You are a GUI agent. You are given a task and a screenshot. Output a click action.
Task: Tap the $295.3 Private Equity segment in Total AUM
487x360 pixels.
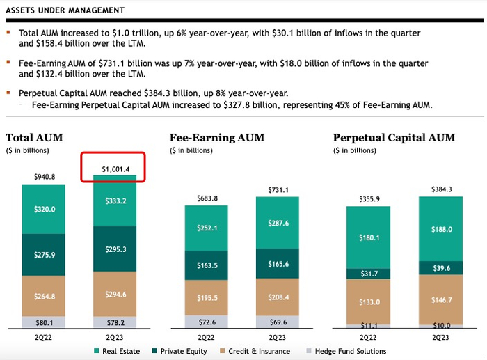tap(115, 249)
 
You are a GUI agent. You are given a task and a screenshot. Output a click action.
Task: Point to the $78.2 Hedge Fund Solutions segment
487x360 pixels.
tap(115, 322)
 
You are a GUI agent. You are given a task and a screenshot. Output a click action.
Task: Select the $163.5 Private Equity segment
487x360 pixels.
tap(206, 265)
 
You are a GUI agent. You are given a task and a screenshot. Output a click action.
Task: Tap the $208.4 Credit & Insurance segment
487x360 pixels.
tap(278, 297)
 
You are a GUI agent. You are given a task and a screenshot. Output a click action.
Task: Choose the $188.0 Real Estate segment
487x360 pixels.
tap(440, 229)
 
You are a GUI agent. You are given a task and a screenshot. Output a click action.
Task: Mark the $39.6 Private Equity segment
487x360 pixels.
tap(440, 268)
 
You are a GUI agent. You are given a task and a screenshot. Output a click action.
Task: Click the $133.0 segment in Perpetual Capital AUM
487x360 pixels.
tap(369, 302)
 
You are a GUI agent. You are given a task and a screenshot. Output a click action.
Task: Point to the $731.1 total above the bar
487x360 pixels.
tap(278, 190)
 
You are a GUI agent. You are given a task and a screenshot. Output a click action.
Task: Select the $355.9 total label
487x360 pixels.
tap(369, 200)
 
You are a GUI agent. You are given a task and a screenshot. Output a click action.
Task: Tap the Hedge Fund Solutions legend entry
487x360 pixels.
tap(351, 351)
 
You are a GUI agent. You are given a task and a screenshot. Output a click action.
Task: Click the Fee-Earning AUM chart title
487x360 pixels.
tap(216, 138)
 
